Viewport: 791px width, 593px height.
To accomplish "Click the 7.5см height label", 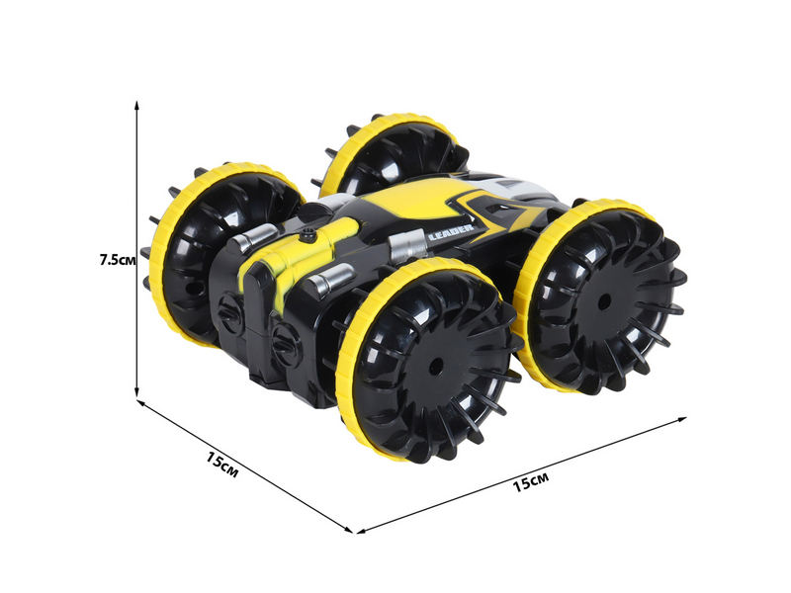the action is point(118,260).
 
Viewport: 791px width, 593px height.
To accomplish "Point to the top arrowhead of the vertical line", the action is point(136,106).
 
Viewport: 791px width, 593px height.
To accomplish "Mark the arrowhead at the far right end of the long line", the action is point(681,419).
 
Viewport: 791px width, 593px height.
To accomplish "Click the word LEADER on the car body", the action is point(451,232).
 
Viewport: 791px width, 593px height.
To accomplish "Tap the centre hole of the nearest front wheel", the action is point(436,364).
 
